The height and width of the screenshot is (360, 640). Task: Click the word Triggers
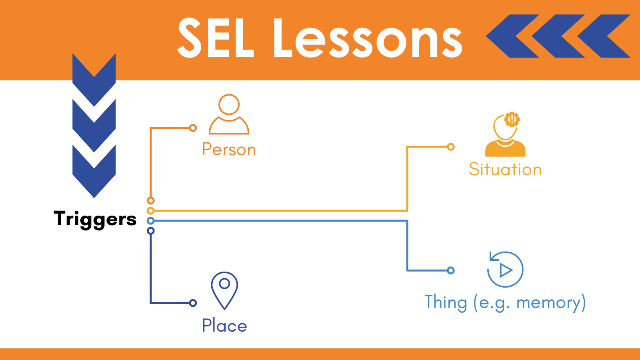[x=95, y=220]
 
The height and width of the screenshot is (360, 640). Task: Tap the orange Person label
[x=229, y=150]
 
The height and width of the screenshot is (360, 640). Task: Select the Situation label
[x=505, y=170]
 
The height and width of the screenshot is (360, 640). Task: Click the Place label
[x=224, y=326]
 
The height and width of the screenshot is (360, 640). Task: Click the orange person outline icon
[x=229, y=114]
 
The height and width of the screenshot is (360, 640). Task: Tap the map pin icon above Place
[x=224, y=290]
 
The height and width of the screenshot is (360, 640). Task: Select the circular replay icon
[x=505, y=269]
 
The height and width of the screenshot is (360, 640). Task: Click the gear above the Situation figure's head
[x=512, y=119]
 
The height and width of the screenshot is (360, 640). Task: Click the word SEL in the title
[x=216, y=38]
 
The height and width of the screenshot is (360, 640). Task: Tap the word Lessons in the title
[x=368, y=38]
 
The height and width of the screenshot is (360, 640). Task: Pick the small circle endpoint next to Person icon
[x=193, y=128]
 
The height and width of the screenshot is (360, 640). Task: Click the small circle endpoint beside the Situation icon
[x=450, y=147]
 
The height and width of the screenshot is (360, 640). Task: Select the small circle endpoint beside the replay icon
[x=450, y=270]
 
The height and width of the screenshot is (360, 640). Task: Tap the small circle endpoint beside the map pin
[x=193, y=303]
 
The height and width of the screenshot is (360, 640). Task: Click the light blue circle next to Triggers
[x=150, y=220]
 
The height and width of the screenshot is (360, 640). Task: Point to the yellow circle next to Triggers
[x=150, y=211]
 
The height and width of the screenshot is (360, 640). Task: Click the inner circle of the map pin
[x=224, y=284]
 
